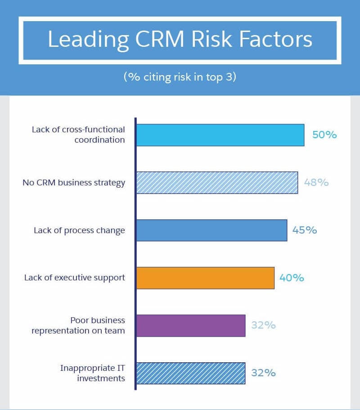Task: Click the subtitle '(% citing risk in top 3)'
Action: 180,77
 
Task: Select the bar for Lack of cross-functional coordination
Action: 220,135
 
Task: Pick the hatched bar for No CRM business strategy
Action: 217,183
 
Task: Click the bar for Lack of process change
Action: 211,230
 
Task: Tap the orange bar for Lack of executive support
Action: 205,278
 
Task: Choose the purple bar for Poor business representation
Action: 191,325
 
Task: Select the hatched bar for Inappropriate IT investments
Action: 191,373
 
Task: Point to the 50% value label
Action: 324,135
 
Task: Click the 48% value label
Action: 316,183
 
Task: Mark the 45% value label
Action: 305,230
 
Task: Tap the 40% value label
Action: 292,278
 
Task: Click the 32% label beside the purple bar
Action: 263,325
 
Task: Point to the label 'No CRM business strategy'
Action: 74,183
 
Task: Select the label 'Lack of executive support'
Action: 75,278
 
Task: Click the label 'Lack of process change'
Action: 79,230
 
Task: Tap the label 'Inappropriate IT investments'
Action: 93,373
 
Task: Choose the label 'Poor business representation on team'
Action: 78,325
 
